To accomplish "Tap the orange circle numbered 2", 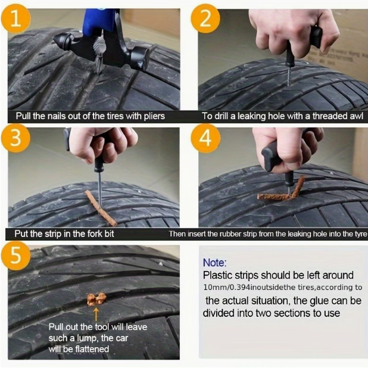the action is tap(205, 19).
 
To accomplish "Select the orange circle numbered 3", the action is tap(15, 138).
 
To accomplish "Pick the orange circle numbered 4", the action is tap(205, 138).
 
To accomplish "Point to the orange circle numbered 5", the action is tap(15, 255).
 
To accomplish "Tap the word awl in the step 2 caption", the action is tap(356, 116).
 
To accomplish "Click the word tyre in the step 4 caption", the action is tap(361, 234).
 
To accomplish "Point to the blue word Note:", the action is tap(215, 263).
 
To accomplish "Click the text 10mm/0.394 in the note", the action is tap(226, 287).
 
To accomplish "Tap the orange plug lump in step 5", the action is tap(96, 299).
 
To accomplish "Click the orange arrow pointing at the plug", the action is tap(96, 314).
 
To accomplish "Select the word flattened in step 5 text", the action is tap(92, 349).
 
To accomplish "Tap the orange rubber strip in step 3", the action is tap(101, 208).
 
